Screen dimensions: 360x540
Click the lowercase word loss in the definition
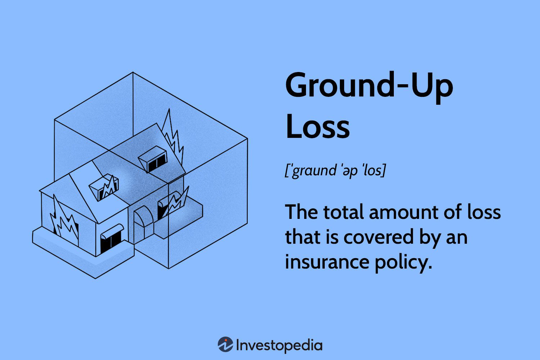[484, 212]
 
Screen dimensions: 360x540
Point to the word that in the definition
[300, 238]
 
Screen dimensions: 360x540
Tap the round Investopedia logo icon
[225, 345]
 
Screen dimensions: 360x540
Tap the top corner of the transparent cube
[133, 72]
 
